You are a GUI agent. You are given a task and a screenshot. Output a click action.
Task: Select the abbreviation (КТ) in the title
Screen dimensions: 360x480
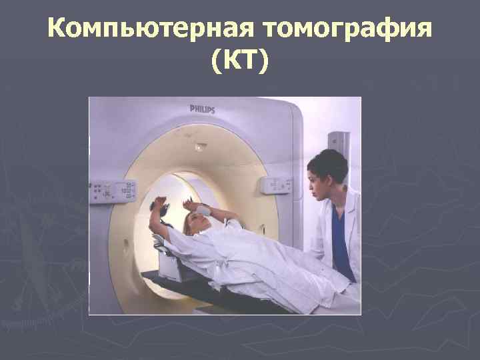tap(240, 63)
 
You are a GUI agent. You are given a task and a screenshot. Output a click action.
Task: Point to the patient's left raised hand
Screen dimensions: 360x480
tap(160, 204)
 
